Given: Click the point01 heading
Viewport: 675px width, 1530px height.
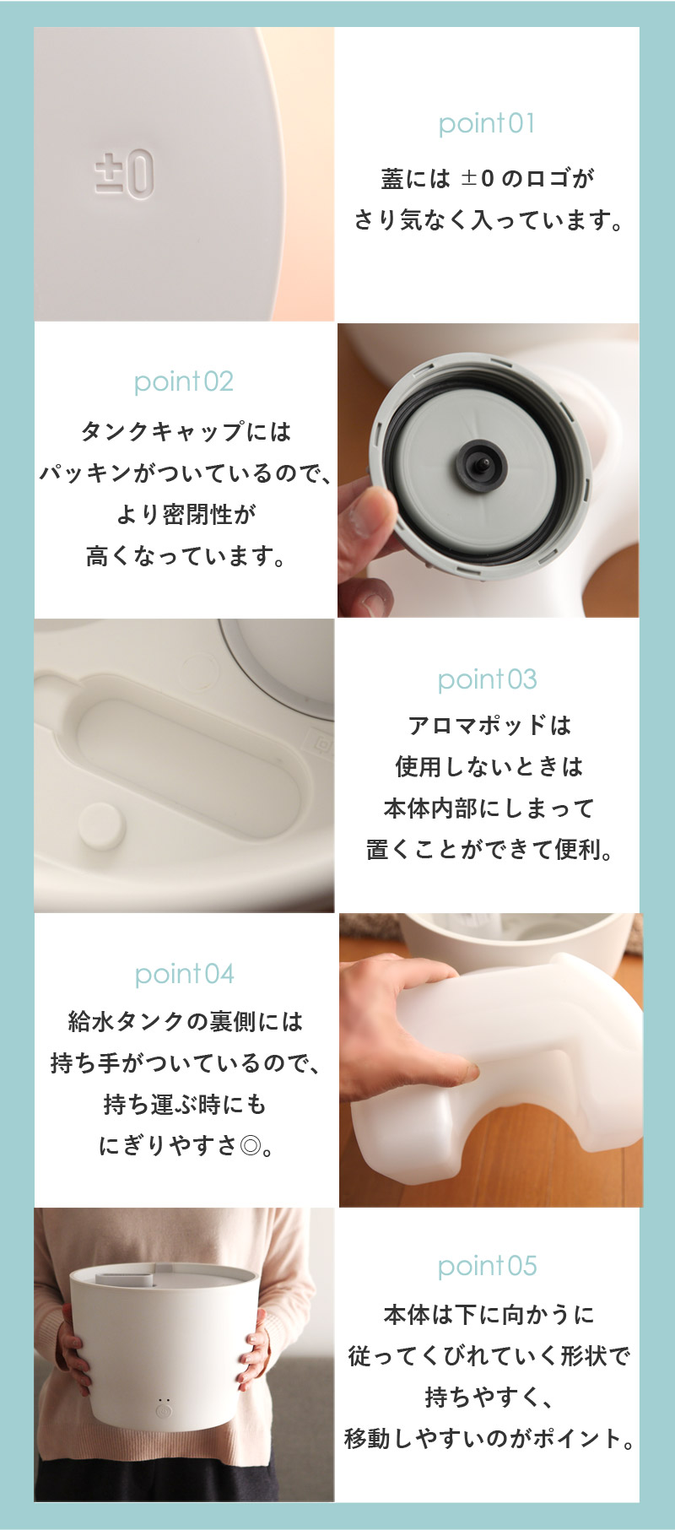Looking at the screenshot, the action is pos(487,124).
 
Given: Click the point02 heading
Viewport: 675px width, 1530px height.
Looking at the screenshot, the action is pos(184,382).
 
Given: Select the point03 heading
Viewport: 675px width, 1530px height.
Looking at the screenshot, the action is pos(487,679).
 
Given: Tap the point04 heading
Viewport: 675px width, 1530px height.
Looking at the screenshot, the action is pos(184,975).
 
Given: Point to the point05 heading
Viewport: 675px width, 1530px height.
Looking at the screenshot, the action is pos(487,1267).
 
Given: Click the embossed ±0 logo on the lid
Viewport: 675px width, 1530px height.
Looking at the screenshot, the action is pos(124,174).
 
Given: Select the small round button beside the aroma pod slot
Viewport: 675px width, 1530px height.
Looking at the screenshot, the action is pos(101,825).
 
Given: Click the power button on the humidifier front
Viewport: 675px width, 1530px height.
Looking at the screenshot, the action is pos(165,1411).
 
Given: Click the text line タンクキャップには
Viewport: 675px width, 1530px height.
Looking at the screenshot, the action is pos(185,432).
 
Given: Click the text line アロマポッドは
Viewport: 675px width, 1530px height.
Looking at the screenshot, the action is pos(489,725).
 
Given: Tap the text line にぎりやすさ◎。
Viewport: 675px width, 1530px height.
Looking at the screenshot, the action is pos(185,1146).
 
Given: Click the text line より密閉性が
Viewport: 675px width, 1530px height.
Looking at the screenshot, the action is pos(185,515).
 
